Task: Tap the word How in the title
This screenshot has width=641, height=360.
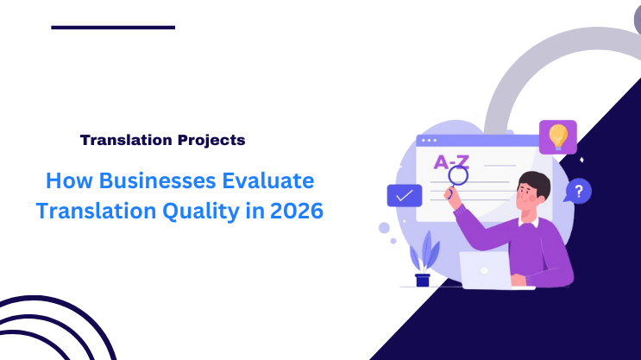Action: [66, 181]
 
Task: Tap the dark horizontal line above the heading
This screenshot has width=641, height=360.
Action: [113, 28]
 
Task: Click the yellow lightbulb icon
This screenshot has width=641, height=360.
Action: [558, 136]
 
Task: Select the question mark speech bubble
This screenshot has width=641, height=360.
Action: [579, 190]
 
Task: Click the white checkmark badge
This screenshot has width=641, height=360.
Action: [404, 196]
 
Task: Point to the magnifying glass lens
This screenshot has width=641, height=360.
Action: [457, 176]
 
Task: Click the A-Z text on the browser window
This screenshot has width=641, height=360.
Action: [451, 161]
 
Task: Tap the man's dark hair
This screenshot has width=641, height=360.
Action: [535, 182]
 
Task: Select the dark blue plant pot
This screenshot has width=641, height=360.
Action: [423, 280]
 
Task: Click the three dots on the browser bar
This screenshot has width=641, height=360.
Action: [429, 140]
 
